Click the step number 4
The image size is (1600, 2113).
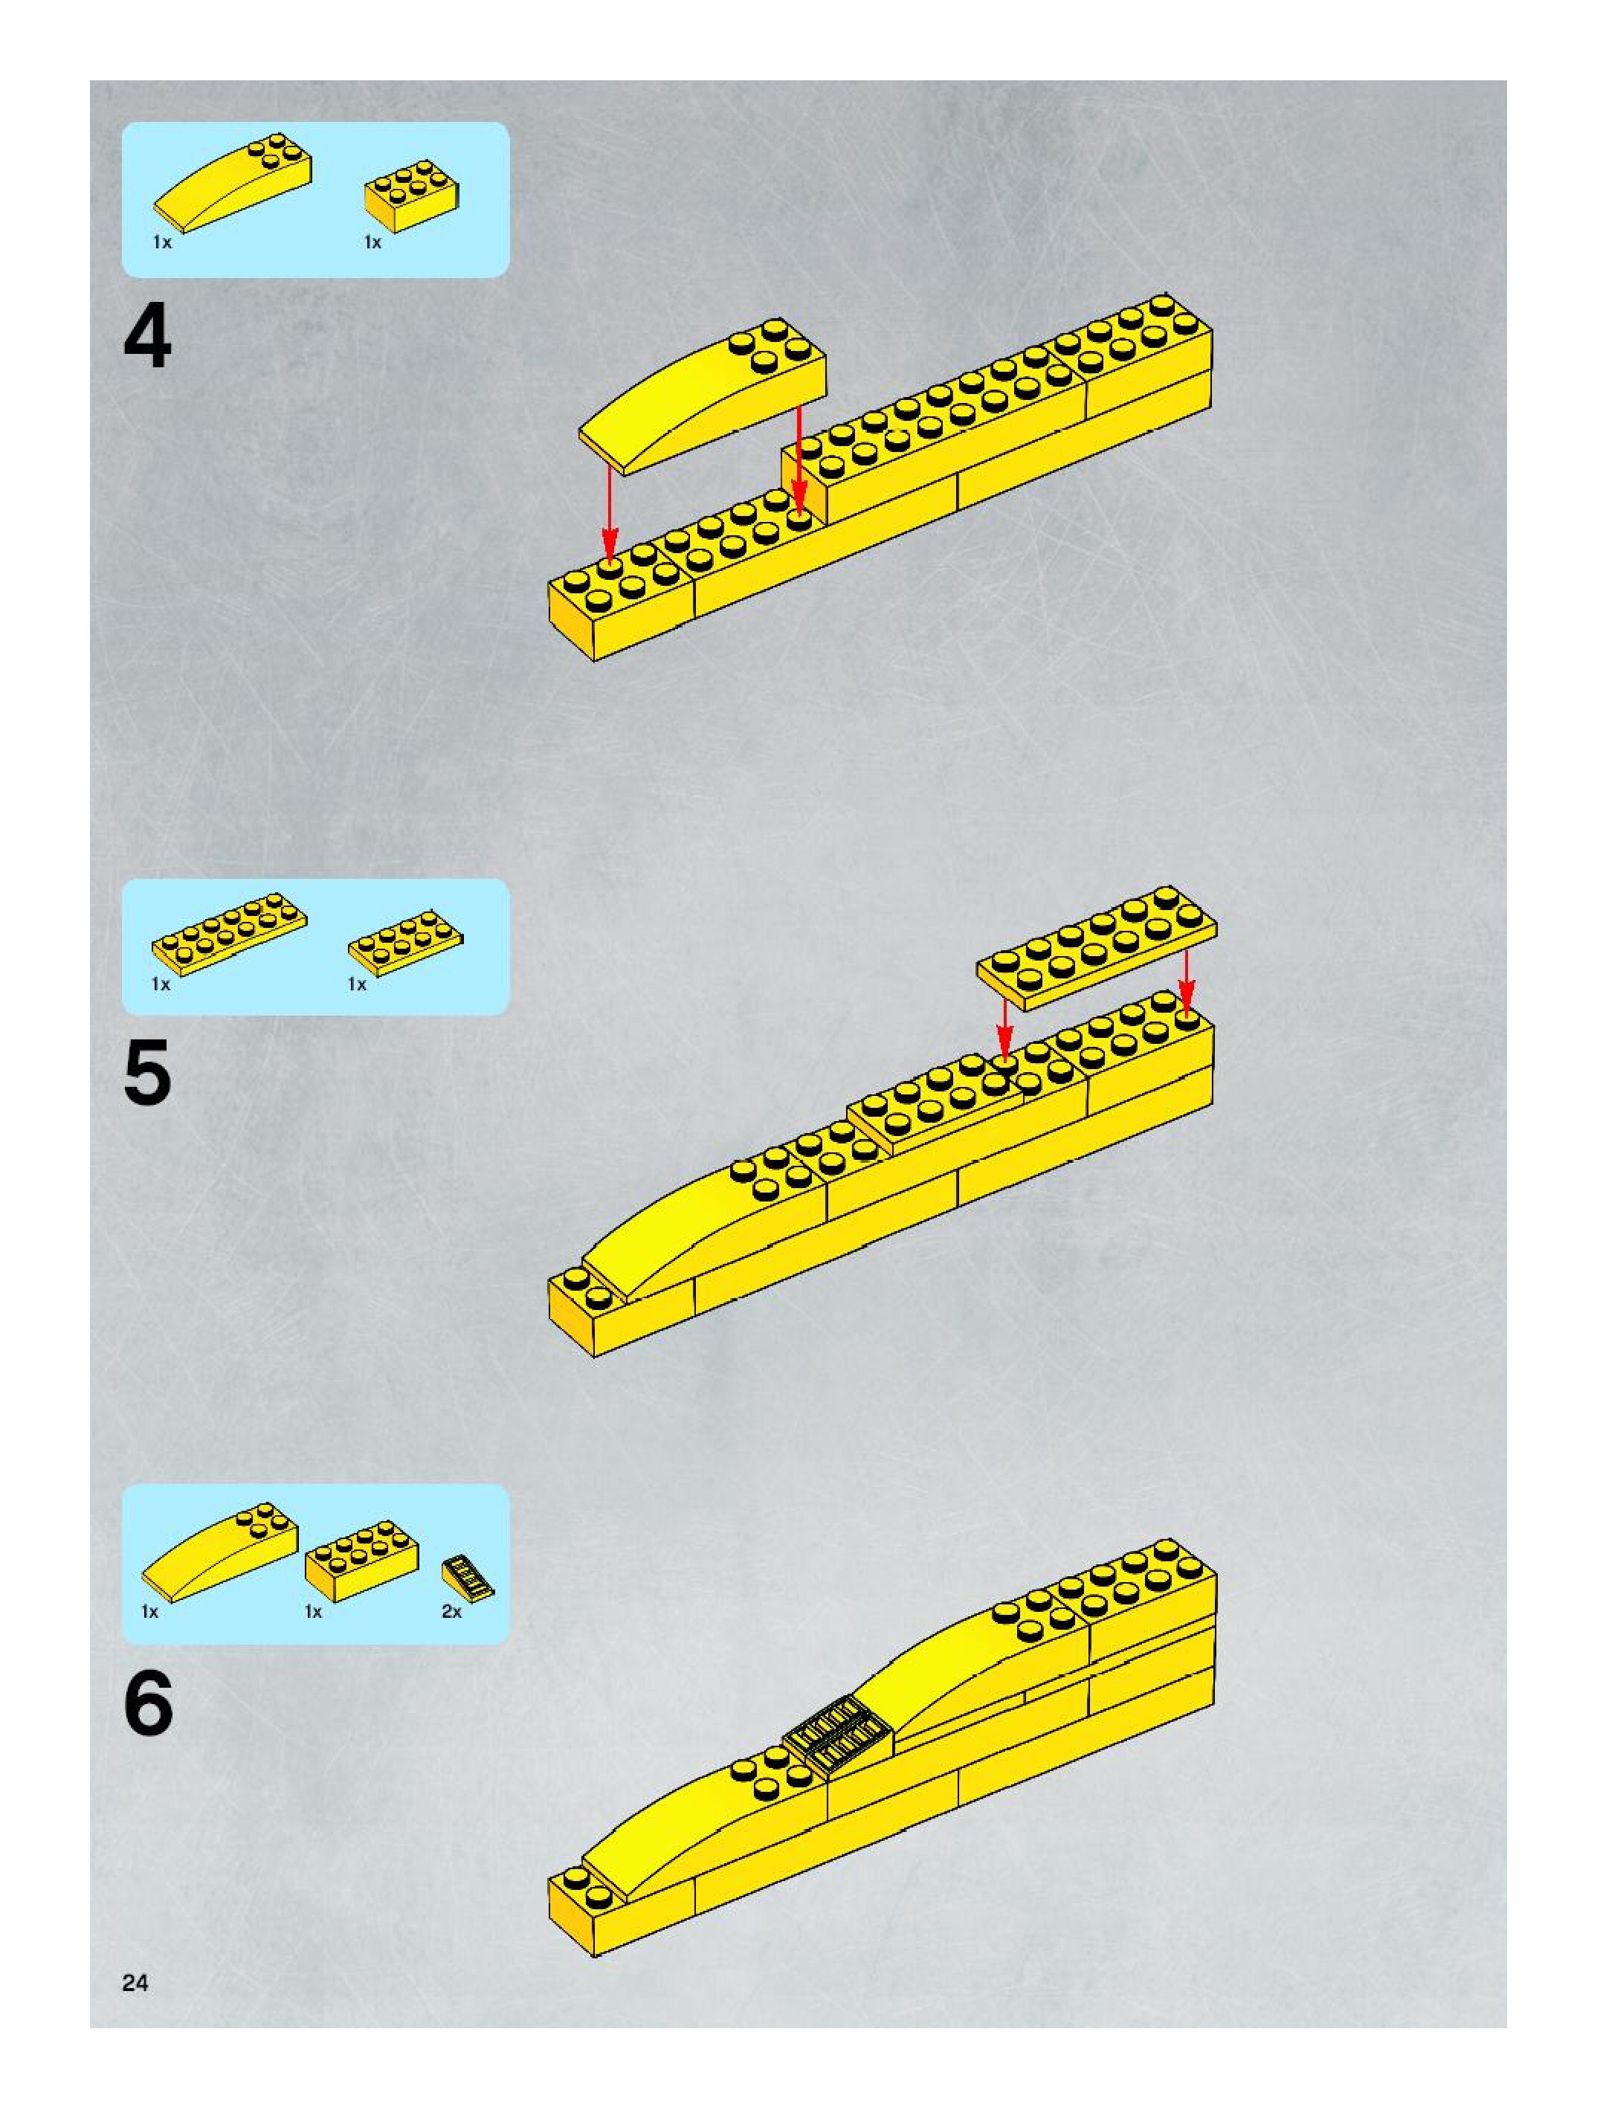(x=147, y=339)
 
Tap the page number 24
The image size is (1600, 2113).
(x=135, y=1983)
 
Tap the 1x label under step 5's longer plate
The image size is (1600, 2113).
(x=161, y=984)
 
